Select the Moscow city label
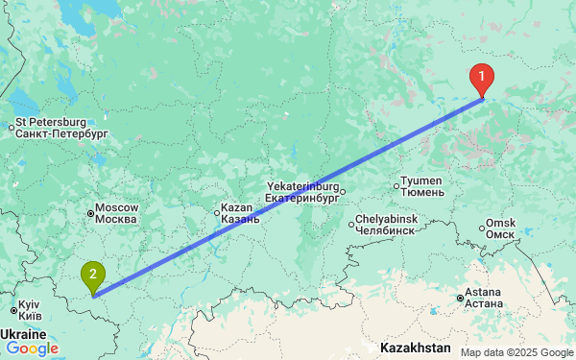tap(117, 213)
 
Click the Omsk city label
tap(501, 228)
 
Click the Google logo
tap(32, 348)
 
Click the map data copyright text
tap(515, 352)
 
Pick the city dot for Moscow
tap(89, 213)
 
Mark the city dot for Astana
tap(460, 299)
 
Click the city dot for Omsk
tap(481, 228)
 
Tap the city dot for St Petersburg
tap(11, 126)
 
